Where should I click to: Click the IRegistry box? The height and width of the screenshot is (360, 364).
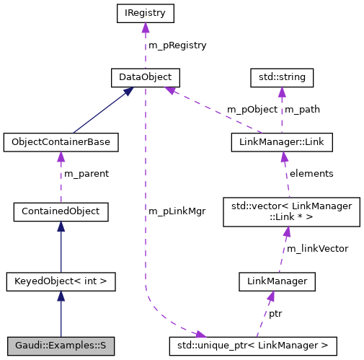pyautogui.click(x=146, y=12)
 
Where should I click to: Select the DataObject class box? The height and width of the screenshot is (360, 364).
pyautogui.click(x=145, y=76)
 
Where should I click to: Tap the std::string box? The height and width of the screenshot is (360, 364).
pyautogui.click(x=282, y=76)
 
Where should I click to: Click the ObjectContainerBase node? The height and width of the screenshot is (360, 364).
pyautogui.click(x=61, y=142)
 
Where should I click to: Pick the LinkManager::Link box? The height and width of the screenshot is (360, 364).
pyautogui.click(x=281, y=142)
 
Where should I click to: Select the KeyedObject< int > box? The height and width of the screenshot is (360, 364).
pyautogui.click(x=61, y=280)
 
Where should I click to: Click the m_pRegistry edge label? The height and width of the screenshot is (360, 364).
pyautogui.click(x=177, y=45)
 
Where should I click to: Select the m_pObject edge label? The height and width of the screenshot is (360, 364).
pyautogui.click(x=251, y=110)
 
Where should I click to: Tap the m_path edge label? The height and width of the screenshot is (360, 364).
pyautogui.click(x=303, y=110)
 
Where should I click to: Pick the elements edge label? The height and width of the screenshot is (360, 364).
pyautogui.click(x=311, y=174)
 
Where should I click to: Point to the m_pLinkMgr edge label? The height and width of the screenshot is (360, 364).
pyautogui.click(x=177, y=211)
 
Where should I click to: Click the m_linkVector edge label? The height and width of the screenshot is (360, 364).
pyautogui.click(x=317, y=248)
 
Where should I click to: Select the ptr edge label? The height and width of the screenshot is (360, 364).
pyautogui.click(x=275, y=314)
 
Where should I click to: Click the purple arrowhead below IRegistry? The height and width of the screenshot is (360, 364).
pyautogui.click(x=146, y=28)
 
